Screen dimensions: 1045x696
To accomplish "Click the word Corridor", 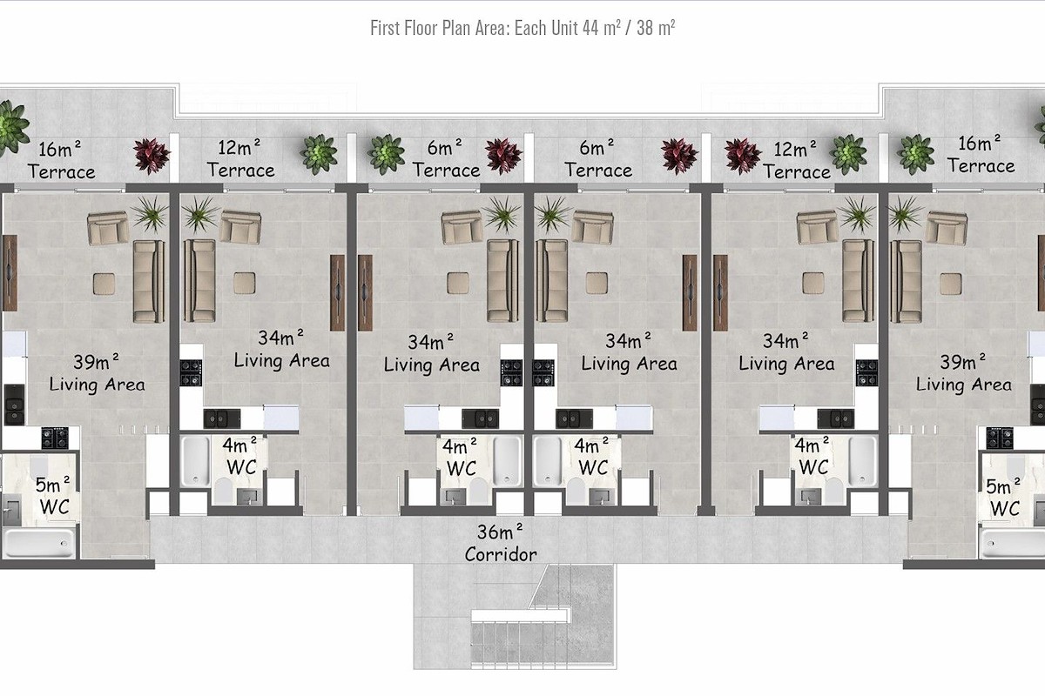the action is point(501,555).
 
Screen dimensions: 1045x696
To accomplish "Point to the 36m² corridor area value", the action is point(500,532).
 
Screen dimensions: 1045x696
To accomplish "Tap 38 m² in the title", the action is point(656,28).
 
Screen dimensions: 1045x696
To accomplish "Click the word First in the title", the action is point(385,28).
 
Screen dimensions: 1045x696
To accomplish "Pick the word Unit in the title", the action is point(564,28).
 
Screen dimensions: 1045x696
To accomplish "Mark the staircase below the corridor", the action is point(543,617).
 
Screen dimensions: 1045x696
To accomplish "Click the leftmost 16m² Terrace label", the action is point(61,160).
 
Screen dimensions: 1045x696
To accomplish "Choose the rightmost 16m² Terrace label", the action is point(981,155).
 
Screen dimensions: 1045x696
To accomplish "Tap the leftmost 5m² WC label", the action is point(54,496).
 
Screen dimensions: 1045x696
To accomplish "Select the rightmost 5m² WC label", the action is point(1003,498).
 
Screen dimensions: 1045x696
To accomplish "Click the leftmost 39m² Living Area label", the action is point(97,373).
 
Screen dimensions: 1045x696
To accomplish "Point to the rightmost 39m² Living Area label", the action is point(963,373).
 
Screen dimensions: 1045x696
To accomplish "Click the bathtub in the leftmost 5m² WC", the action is point(38,543).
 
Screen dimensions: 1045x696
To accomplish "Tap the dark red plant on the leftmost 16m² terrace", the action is point(152,156).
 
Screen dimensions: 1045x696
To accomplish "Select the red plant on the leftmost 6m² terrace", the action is point(503,156).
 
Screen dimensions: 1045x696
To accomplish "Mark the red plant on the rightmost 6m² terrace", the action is point(680,157).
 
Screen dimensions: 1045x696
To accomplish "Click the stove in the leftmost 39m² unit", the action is point(55,438).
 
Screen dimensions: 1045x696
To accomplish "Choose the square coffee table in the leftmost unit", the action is point(104,284).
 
